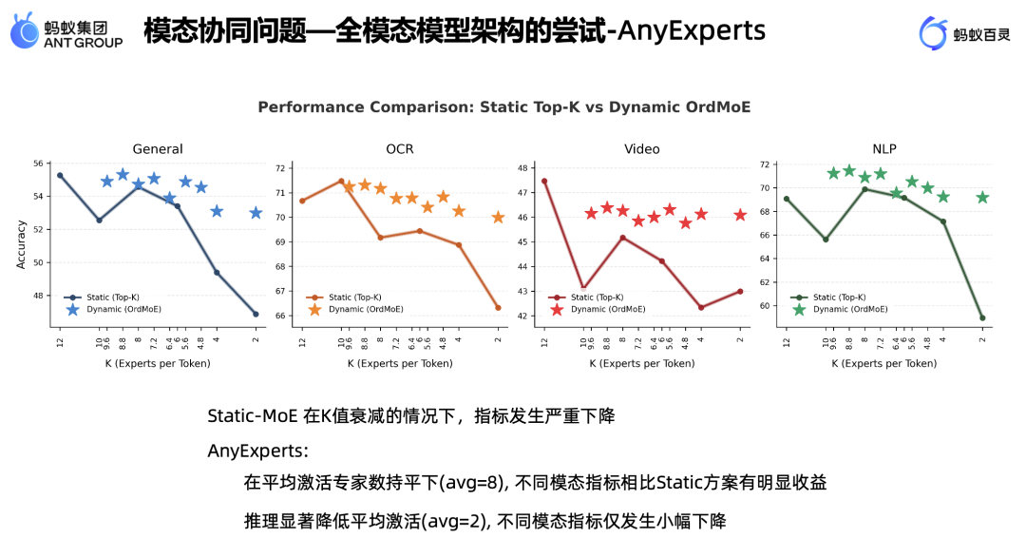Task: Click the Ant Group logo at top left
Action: point(66,31)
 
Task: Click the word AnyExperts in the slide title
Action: point(692,30)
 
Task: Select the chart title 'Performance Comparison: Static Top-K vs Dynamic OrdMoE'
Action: point(504,107)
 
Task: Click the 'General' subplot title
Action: point(158,149)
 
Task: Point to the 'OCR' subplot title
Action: point(400,149)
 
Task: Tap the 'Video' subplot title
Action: point(642,149)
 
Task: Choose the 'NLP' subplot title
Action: point(884,149)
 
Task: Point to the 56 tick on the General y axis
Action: point(38,163)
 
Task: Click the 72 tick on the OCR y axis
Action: point(280,168)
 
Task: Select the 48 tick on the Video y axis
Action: point(522,168)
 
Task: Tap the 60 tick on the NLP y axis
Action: point(765,306)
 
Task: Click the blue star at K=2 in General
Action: point(256,213)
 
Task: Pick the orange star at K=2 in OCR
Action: point(498,218)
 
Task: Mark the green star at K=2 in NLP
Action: point(982,198)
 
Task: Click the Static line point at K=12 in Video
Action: point(544,181)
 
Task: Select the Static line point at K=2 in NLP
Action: point(982,317)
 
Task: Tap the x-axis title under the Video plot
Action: point(642,363)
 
